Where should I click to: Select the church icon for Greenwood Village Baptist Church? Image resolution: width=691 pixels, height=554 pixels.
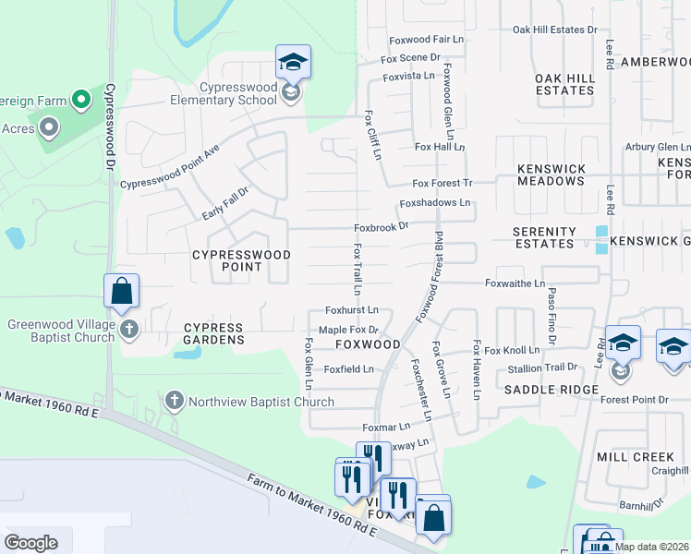129,329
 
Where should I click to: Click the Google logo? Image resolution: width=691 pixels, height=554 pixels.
30,542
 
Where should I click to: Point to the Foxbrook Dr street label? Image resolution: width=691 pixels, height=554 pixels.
382,228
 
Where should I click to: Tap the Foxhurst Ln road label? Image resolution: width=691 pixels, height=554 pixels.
352,310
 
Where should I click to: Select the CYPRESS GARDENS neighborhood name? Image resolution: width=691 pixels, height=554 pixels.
213,333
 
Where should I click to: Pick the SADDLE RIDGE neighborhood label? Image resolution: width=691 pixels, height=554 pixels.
552,390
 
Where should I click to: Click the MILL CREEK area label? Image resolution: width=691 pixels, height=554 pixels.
635,457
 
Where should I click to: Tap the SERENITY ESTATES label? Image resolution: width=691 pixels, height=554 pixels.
545,237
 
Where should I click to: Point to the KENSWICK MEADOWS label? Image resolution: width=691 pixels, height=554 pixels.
551,175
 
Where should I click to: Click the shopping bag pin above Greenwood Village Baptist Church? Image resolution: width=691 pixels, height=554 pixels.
121,292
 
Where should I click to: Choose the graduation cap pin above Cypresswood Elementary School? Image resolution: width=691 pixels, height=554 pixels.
293,63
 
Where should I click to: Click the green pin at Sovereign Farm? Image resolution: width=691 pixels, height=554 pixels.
80,99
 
